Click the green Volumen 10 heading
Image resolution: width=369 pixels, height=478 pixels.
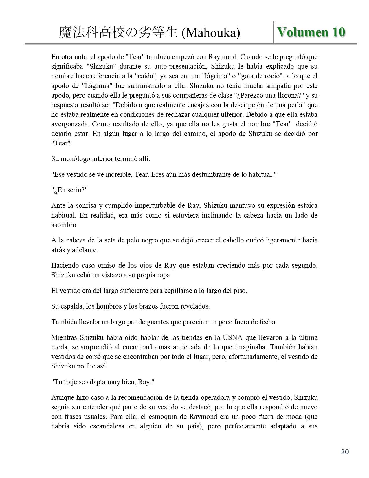[x=311, y=32]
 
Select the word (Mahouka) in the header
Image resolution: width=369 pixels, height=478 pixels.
[x=211, y=33]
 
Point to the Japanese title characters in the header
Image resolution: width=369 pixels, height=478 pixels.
[x=118, y=33]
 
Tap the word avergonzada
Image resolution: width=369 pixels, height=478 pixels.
[x=69, y=124]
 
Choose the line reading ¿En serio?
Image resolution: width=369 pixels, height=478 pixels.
[x=69, y=190]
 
